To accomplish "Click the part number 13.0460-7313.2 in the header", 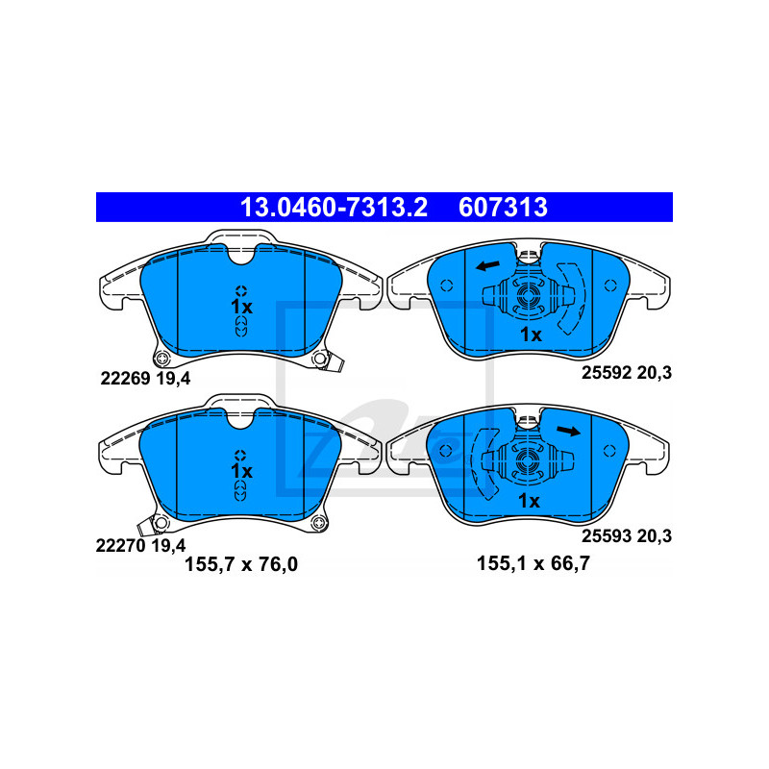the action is point(334,207).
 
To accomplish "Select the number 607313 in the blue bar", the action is point(503,207).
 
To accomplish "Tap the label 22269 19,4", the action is point(145,378).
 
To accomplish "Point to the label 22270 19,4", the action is point(140,545).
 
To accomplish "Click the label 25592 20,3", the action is point(627,373).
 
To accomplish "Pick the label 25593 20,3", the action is point(627,535).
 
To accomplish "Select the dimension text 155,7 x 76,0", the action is point(241,564).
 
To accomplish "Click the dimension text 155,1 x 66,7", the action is point(533,563).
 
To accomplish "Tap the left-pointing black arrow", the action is point(488,266).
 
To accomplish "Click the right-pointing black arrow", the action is point(569,431).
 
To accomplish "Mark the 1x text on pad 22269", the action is point(241,307).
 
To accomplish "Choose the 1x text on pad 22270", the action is point(241,471).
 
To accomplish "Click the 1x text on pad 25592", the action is point(531,335).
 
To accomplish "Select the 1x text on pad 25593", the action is point(530,501).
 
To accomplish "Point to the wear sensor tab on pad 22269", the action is point(336,363).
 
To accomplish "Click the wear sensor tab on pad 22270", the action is point(146,526).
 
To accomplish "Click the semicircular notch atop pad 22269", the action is point(241,255).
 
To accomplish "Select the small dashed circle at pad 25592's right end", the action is point(610,285).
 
